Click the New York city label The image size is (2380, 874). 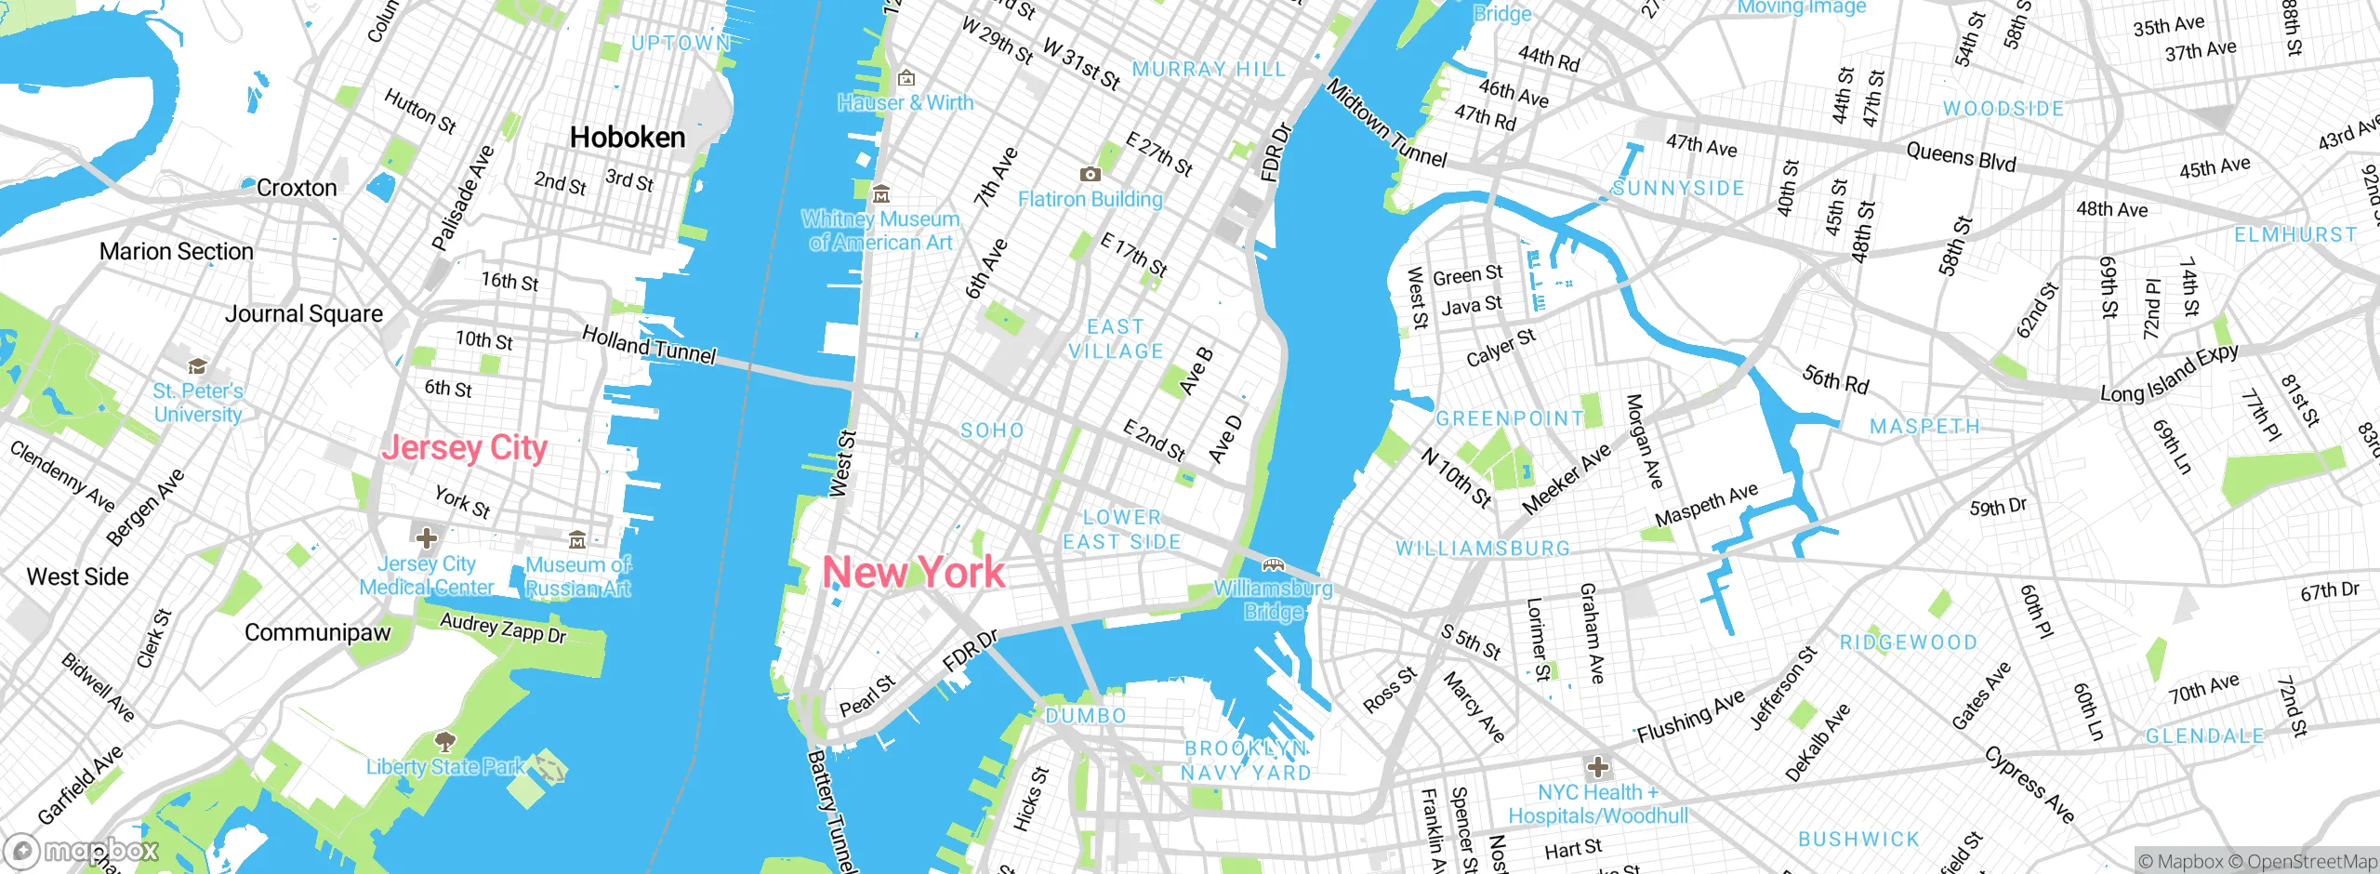(914, 572)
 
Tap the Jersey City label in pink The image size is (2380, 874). (465, 448)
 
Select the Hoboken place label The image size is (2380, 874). (628, 138)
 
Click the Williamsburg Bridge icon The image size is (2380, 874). (1273, 563)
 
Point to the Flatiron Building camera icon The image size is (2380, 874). (1090, 174)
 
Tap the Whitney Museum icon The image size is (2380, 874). (880, 194)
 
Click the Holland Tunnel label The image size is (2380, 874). (649, 345)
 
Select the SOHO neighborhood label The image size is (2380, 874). (992, 430)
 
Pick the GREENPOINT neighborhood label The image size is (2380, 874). (1509, 418)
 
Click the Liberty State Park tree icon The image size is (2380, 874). (445, 741)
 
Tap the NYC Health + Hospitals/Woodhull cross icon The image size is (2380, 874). (1598, 767)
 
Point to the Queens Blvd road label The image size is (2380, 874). (1961, 156)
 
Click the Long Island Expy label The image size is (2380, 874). (2169, 373)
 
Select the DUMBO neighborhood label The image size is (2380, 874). (1086, 716)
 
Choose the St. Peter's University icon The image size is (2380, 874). (197, 365)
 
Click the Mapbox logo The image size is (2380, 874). (82, 850)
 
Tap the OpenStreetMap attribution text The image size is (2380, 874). (2309, 862)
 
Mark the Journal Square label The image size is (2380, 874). (304, 314)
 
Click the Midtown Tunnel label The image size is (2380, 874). (1386, 123)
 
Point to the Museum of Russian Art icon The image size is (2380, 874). (577, 539)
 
